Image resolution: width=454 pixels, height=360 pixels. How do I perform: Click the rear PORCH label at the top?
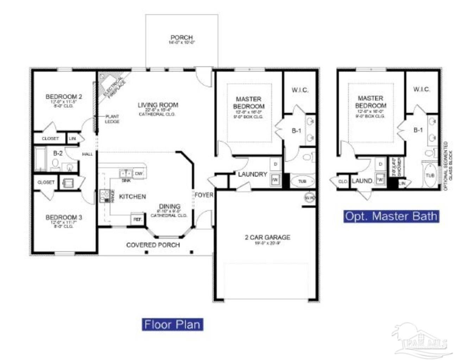click(x=182, y=38)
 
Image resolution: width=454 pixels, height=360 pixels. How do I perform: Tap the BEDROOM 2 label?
click(x=64, y=97)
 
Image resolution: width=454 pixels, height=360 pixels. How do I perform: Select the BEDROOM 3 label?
click(x=64, y=217)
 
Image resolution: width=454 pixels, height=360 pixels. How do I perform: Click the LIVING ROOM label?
click(x=158, y=105)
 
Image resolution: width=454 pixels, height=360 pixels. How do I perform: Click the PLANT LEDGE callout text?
click(x=112, y=119)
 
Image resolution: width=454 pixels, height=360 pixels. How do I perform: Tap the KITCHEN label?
click(x=132, y=197)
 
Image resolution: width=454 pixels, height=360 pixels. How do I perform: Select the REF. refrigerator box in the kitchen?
click(x=137, y=219)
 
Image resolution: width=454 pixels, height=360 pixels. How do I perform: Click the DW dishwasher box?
click(x=139, y=174)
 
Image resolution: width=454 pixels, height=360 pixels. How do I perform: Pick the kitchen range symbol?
click(x=105, y=196)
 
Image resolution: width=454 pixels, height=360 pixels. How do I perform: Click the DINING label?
click(x=170, y=206)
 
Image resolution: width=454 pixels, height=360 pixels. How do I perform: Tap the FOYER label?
click(x=204, y=195)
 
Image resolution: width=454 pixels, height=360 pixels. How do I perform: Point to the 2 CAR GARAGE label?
click(x=267, y=237)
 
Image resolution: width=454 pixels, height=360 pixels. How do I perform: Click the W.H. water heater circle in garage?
click(x=309, y=198)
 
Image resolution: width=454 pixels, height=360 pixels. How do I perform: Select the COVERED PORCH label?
click(x=153, y=245)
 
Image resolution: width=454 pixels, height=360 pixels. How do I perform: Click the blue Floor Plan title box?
click(x=172, y=324)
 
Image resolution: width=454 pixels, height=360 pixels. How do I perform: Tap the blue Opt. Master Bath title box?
click(x=391, y=216)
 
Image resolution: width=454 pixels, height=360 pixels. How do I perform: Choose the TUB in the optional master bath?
click(x=430, y=175)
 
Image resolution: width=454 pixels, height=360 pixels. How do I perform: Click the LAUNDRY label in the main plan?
click(x=252, y=174)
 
